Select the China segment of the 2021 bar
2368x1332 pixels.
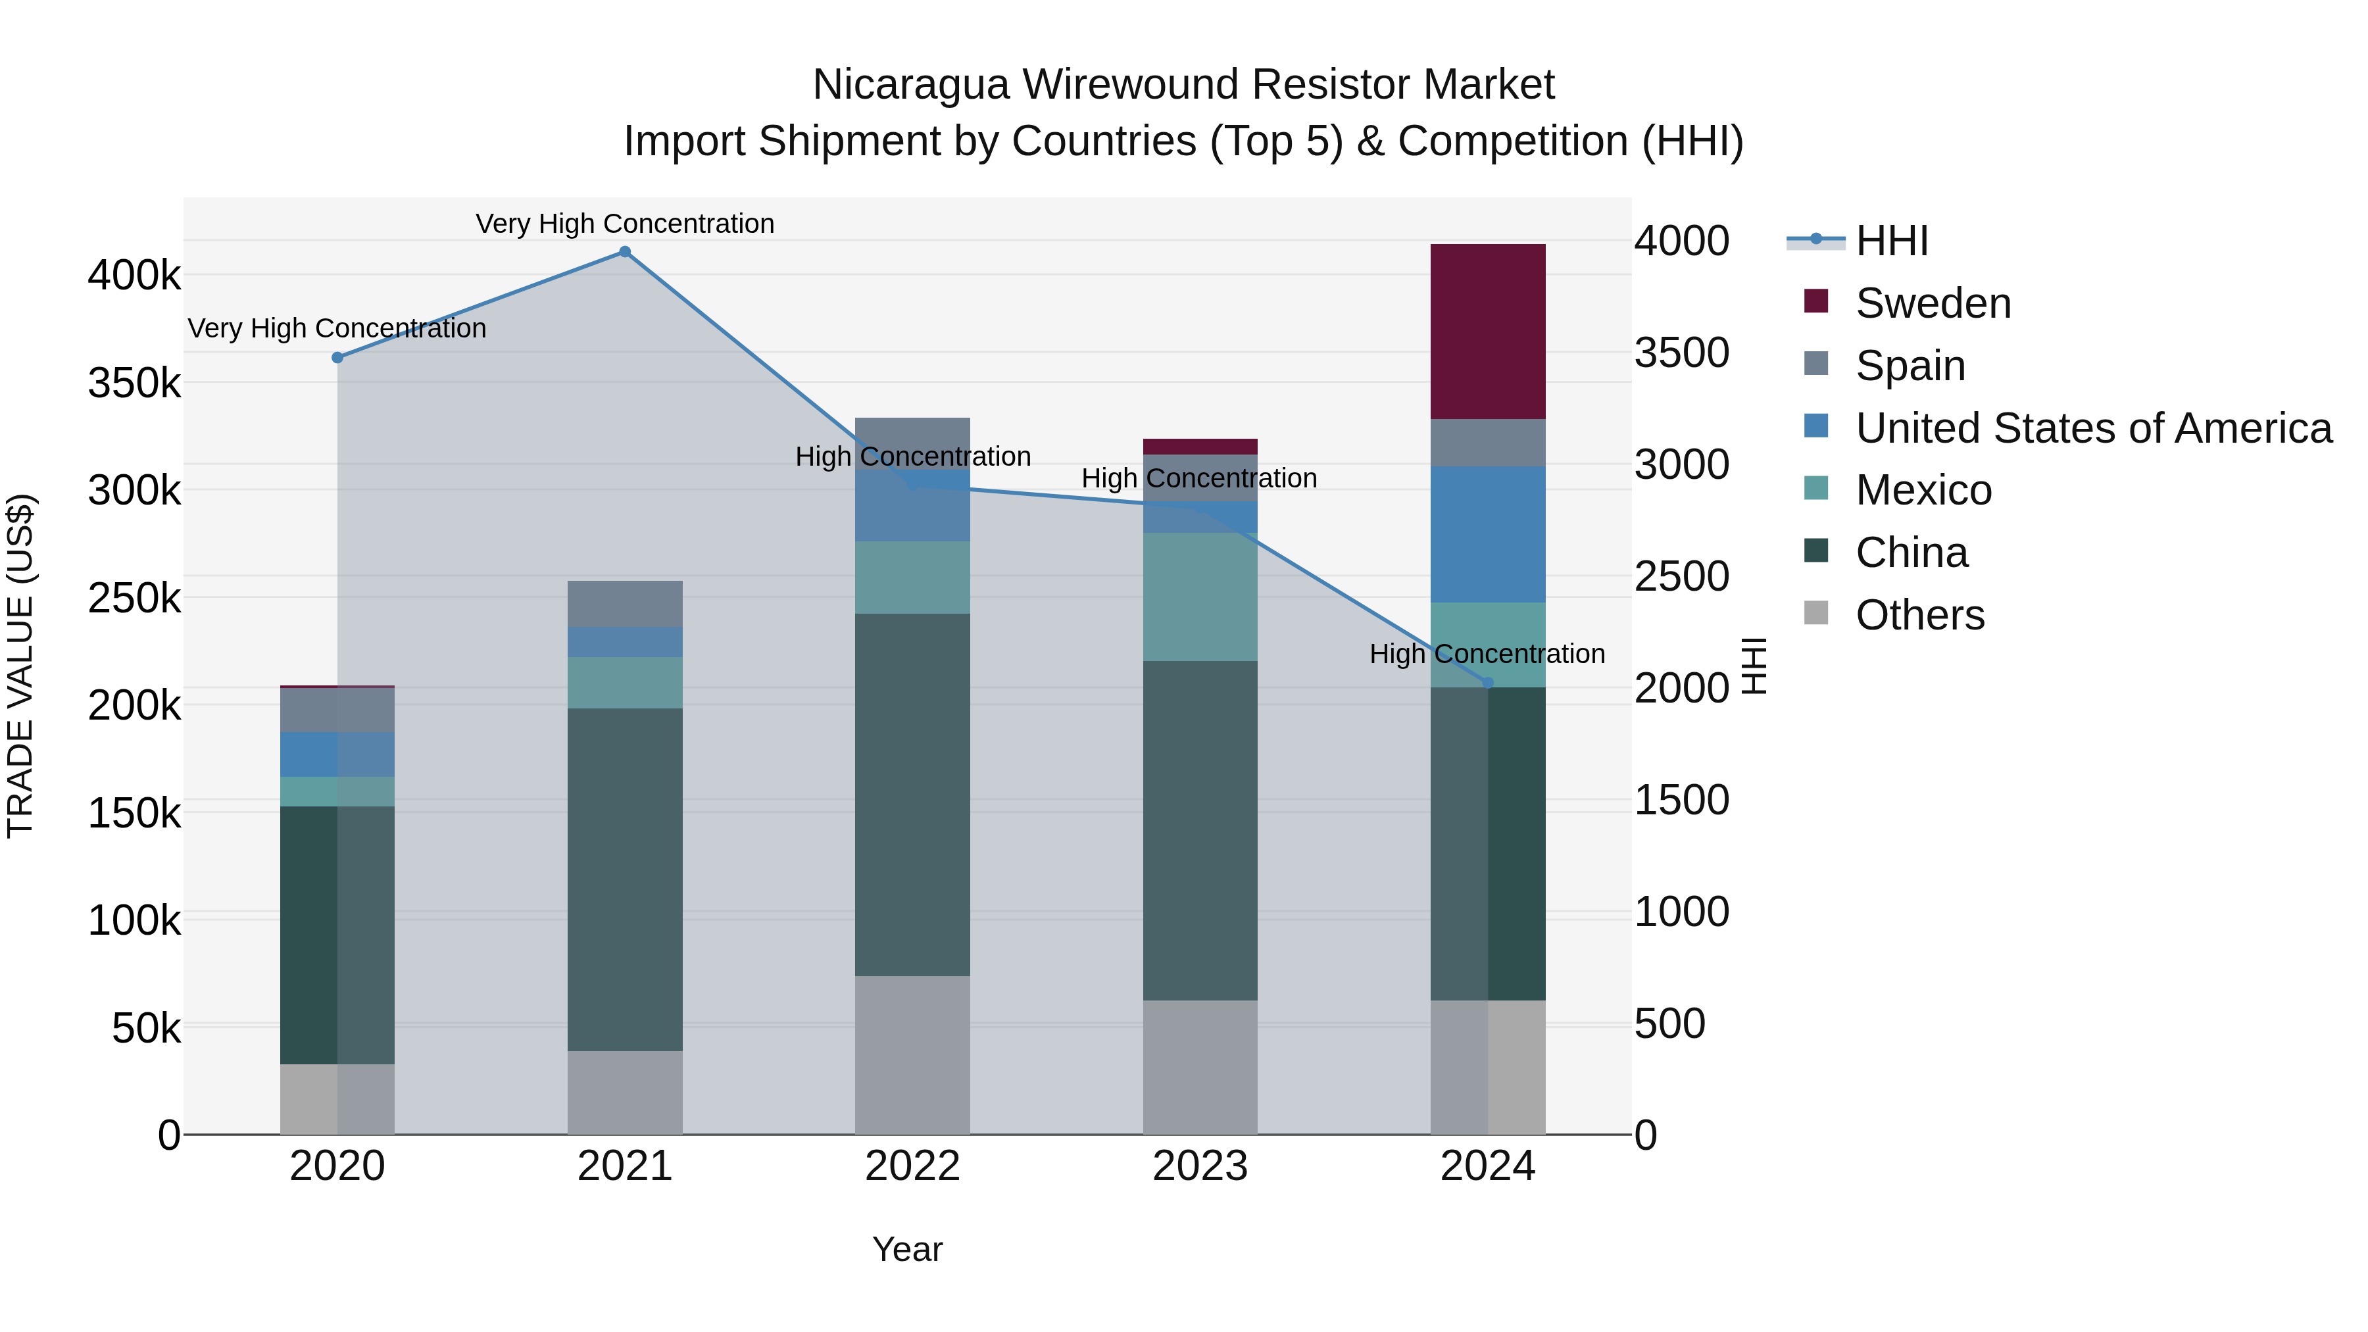[x=624, y=879]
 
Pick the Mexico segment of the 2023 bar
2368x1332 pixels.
[x=1200, y=597]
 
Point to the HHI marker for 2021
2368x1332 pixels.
[x=624, y=252]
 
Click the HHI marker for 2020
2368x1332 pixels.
[x=337, y=358]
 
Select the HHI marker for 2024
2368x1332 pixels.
[x=1489, y=683]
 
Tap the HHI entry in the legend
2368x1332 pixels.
[x=1891, y=241]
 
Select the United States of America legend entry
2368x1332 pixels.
[x=2092, y=428]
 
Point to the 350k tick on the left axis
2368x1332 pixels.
[x=134, y=382]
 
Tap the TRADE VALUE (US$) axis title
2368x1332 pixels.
[x=20, y=666]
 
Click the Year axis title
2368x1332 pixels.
[x=906, y=1249]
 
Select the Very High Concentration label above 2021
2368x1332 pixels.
[x=624, y=224]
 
